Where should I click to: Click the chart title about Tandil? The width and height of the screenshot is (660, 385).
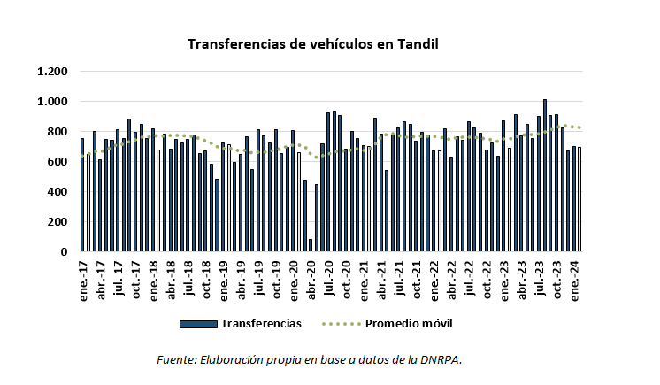click(313, 43)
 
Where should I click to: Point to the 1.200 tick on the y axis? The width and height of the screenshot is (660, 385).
click(52, 72)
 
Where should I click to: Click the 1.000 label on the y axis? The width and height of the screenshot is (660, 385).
click(52, 102)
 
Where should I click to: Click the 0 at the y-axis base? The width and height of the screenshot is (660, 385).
click(64, 252)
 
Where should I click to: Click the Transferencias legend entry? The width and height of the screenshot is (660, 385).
click(261, 323)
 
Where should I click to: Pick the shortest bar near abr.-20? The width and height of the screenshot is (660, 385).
click(311, 245)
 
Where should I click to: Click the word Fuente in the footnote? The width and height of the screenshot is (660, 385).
click(175, 358)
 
